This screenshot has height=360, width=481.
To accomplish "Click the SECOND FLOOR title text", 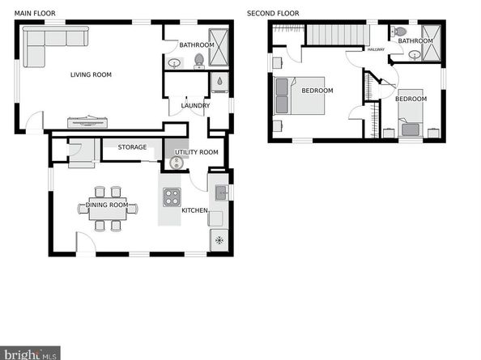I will (x=273, y=14).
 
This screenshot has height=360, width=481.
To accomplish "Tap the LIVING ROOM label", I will (x=91, y=74).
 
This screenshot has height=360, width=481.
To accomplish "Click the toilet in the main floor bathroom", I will (x=198, y=60).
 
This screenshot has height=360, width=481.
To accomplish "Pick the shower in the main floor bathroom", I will (x=220, y=49).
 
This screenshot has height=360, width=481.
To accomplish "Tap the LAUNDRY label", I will (x=195, y=105).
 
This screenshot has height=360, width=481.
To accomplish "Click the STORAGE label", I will (x=132, y=147).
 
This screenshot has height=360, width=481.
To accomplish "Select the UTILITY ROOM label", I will (x=197, y=152).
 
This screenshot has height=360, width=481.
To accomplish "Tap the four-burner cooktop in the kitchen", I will (x=172, y=196).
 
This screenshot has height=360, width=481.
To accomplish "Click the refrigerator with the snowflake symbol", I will (x=219, y=240).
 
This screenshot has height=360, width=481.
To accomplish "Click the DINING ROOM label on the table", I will (x=107, y=205).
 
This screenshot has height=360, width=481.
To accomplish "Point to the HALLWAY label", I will (x=377, y=49).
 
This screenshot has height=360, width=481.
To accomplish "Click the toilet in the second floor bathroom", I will (x=398, y=32).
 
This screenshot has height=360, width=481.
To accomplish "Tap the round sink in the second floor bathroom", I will (x=415, y=56).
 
